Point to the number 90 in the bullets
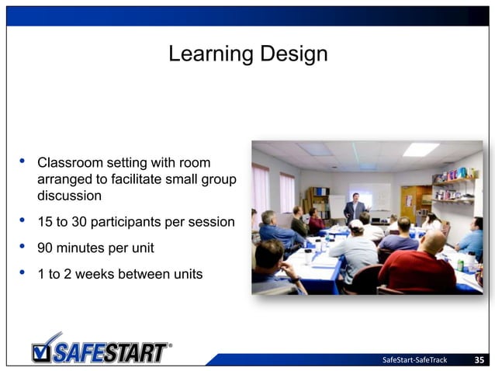[46, 248]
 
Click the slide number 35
[479, 359]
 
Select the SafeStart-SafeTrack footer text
[415, 359]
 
